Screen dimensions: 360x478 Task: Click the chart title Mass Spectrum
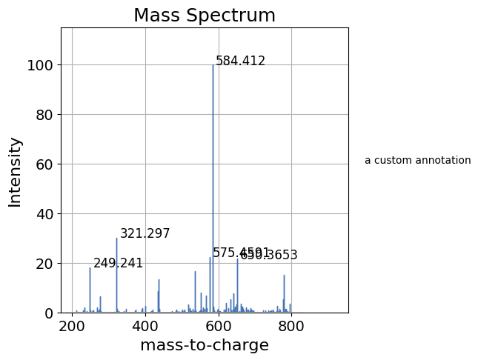point(204,16)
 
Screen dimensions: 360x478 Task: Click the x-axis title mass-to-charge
point(204,345)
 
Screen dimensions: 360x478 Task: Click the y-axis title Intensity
point(15,172)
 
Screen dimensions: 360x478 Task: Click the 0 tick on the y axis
point(49,313)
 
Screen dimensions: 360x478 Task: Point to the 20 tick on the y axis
point(44,264)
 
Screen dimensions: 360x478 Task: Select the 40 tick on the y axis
point(44,214)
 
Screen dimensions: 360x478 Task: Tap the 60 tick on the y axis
point(44,164)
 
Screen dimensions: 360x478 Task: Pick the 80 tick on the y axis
point(44,115)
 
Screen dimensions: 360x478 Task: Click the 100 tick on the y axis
point(41,65)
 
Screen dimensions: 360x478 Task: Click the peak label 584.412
point(240,61)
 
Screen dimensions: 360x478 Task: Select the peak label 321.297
point(145,234)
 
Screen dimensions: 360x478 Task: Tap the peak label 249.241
point(119,264)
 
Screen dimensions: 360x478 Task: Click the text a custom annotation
point(417,160)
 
